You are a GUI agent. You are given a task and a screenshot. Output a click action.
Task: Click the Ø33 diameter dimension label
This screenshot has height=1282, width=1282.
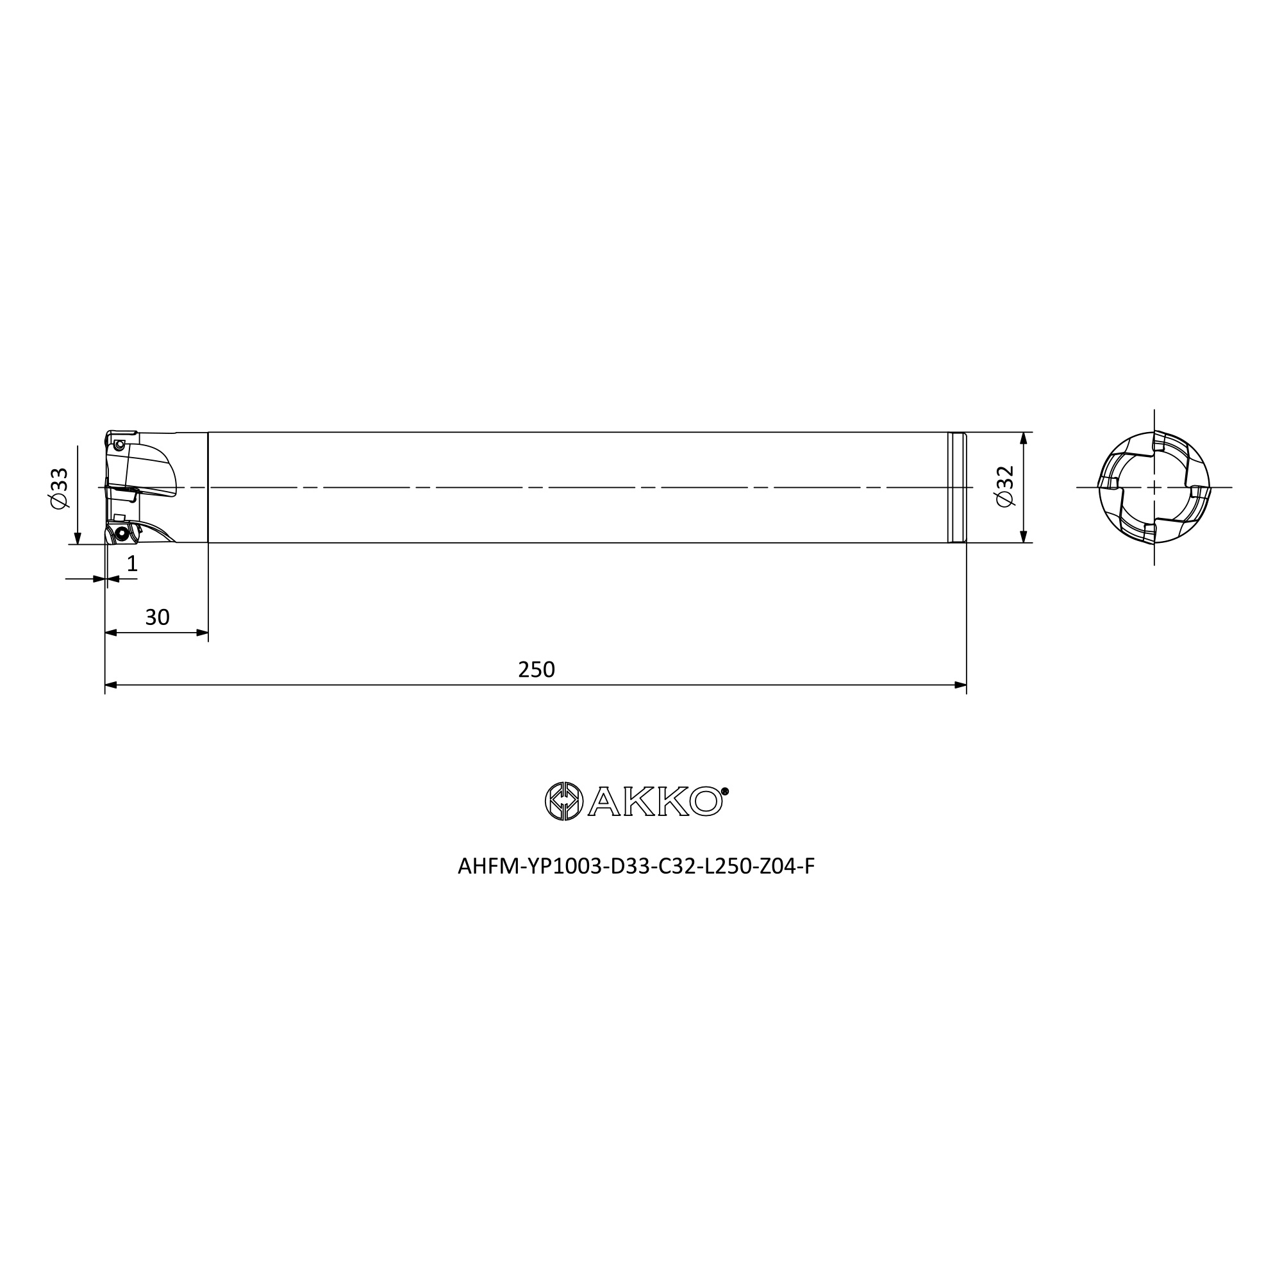point(59,489)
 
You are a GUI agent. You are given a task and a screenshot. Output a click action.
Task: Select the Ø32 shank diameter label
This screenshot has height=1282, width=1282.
point(1004,487)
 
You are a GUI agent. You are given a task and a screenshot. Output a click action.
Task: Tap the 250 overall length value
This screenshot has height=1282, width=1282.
point(536,670)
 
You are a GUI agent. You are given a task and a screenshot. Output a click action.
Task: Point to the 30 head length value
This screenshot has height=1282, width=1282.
point(157,618)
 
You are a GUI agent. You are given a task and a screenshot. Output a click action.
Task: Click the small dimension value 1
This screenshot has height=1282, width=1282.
point(132,563)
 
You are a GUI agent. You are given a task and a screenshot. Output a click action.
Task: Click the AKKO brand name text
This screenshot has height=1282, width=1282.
point(655,802)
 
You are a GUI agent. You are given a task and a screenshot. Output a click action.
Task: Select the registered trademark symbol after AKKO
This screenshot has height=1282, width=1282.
point(724,791)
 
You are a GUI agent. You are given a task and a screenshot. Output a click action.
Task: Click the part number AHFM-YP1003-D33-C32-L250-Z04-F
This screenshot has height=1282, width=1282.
point(636,867)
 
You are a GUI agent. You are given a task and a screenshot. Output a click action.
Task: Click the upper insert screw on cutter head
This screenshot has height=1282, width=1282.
point(119,444)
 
